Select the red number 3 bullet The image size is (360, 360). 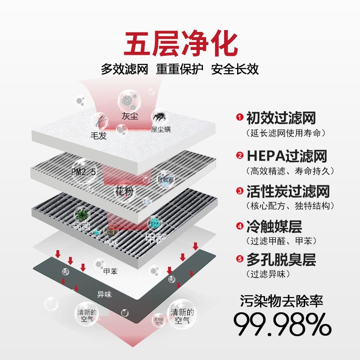239,191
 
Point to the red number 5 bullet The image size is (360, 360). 239,259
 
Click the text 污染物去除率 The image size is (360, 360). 282,301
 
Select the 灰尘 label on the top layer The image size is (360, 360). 130,116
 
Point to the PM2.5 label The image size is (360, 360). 84,172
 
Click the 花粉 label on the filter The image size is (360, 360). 124,192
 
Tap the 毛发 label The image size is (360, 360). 98,135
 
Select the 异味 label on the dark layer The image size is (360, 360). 104,295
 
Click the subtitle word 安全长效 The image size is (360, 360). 235,70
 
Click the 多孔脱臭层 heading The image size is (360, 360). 281,260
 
